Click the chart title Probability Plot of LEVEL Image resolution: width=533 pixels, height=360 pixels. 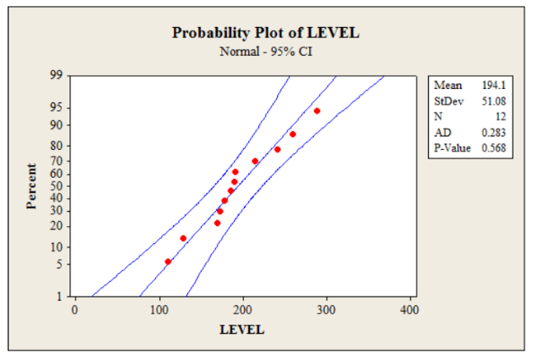266,33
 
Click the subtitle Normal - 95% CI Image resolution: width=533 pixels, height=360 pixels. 266,51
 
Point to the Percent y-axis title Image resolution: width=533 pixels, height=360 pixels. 31,186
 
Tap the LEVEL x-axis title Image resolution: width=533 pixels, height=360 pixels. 242,330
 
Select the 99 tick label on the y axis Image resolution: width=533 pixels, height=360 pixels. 56,75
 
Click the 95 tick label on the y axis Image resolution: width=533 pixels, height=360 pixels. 56,108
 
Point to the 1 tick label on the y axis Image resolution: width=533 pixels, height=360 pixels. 59,297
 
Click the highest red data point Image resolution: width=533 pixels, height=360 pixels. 317,111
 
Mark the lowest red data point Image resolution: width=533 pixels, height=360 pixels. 168,262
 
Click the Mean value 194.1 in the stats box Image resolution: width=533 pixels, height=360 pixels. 494,86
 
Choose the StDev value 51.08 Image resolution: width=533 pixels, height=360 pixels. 494,101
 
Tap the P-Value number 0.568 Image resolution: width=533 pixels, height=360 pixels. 494,148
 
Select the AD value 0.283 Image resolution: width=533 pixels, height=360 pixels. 494,133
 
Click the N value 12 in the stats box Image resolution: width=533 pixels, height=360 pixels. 501,117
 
